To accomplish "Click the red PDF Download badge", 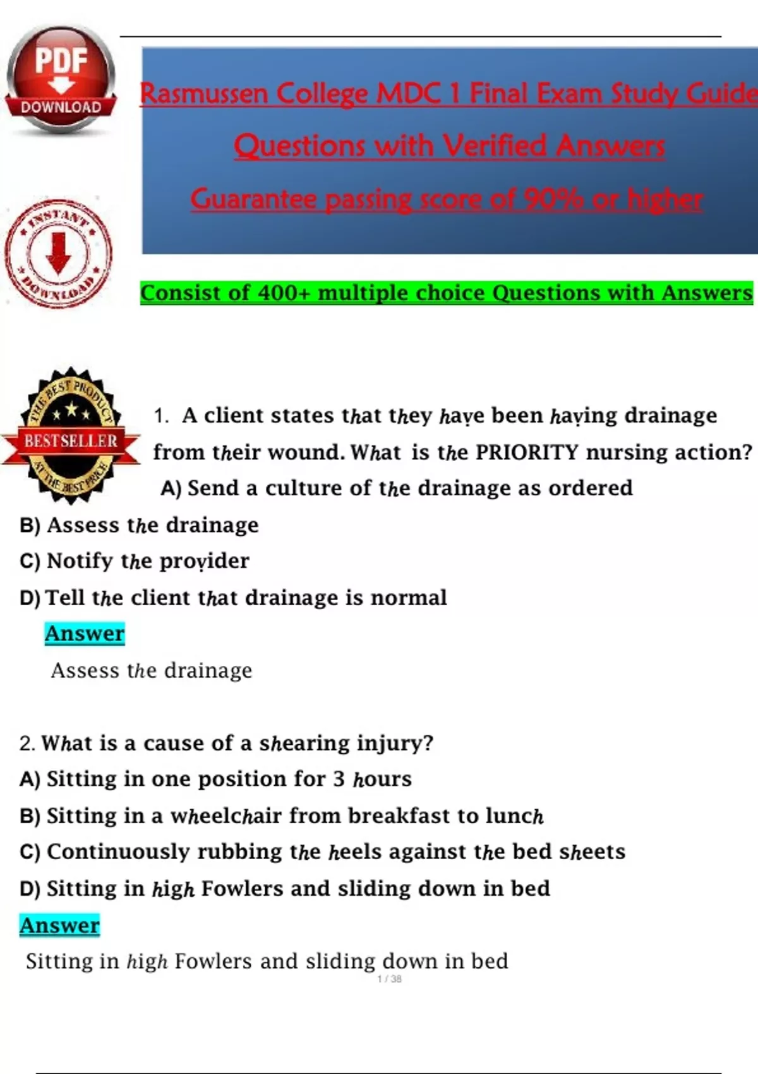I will click(61, 80).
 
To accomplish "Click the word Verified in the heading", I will click(495, 146).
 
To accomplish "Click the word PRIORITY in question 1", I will click(527, 452).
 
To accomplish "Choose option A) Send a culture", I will click(397, 488).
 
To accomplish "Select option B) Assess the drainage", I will click(140, 525).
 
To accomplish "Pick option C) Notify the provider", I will click(135, 561).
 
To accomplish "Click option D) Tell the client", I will click(233, 598).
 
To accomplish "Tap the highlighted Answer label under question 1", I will click(85, 634).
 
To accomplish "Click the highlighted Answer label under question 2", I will click(59, 926).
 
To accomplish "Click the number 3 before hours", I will click(339, 779).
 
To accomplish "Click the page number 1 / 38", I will click(389, 979).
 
